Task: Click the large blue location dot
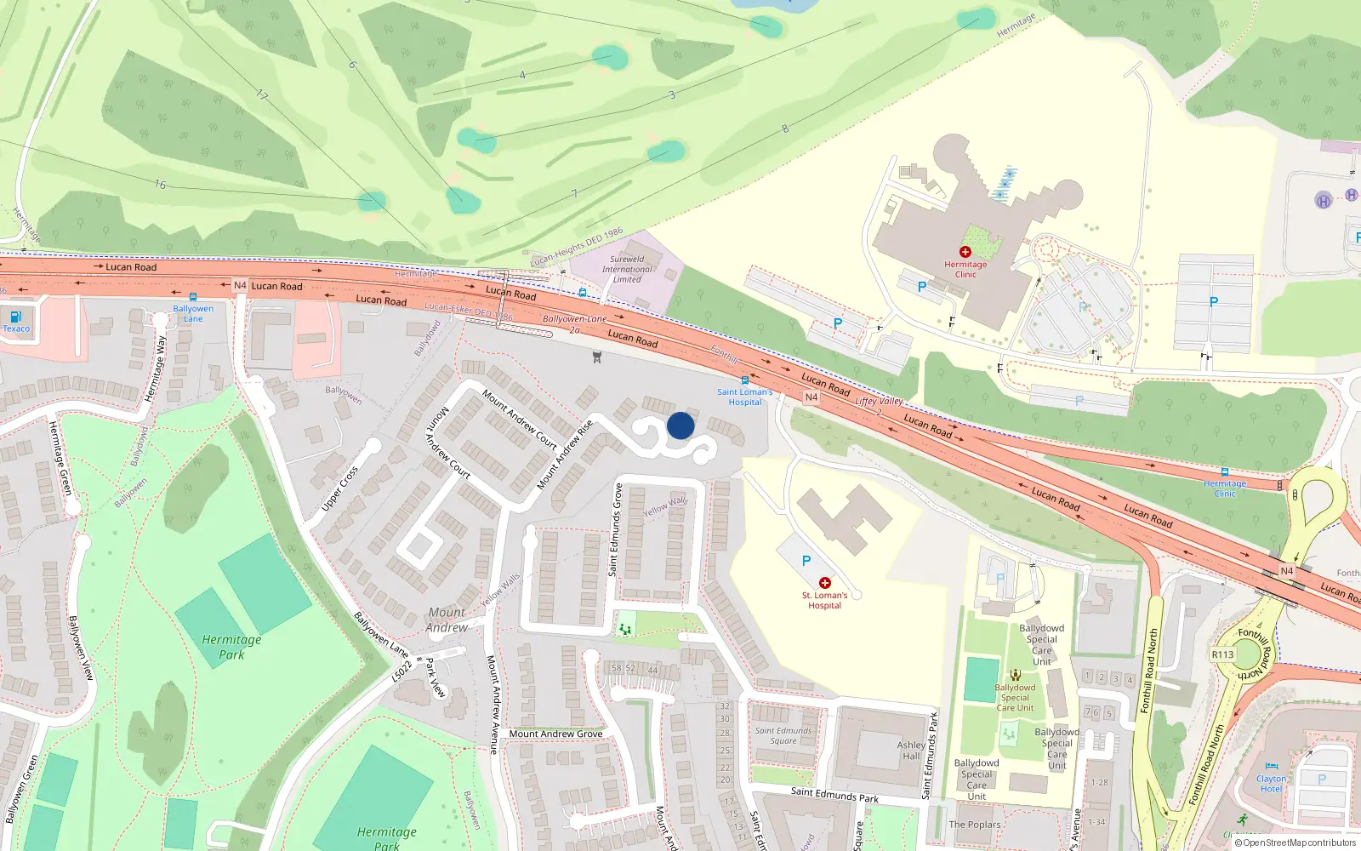(x=680, y=425)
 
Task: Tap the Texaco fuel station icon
(x=15, y=317)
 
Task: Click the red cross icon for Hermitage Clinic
(x=965, y=252)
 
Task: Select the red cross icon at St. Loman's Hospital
(x=824, y=583)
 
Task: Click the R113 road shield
(x=1222, y=654)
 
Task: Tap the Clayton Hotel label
(x=1271, y=784)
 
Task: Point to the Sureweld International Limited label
(x=627, y=269)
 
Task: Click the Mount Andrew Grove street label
(x=555, y=734)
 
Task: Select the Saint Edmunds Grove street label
(x=616, y=529)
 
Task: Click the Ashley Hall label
(x=911, y=750)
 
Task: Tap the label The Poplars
(x=975, y=825)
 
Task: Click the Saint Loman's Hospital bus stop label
(x=744, y=397)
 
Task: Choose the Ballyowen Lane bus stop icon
(x=193, y=297)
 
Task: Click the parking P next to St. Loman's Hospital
(x=806, y=561)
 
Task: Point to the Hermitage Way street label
(x=154, y=368)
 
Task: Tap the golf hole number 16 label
(x=160, y=184)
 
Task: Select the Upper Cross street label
(x=339, y=489)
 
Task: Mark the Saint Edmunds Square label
(x=783, y=735)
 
